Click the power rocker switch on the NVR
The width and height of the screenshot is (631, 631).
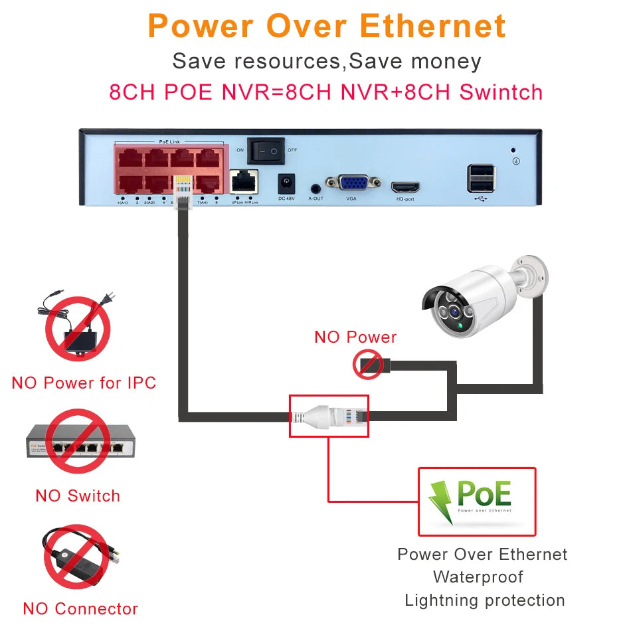click(x=266, y=151)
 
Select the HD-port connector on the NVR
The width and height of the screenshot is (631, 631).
click(x=404, y=187)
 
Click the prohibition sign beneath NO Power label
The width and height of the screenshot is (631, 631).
click(x=367, y=365)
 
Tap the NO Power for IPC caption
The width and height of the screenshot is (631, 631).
click(x=84, y=383)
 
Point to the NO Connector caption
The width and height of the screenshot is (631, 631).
click(x=80, y=608)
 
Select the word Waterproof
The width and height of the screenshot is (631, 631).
click(x=478, y=577)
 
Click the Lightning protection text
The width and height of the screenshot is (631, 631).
click(x=484, y=600)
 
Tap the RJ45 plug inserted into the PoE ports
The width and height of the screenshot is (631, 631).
click(x=181, y=189)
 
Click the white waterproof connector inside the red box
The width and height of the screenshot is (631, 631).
click(x=328, y=416)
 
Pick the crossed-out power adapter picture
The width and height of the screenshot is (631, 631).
click(x=77, y=329)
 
